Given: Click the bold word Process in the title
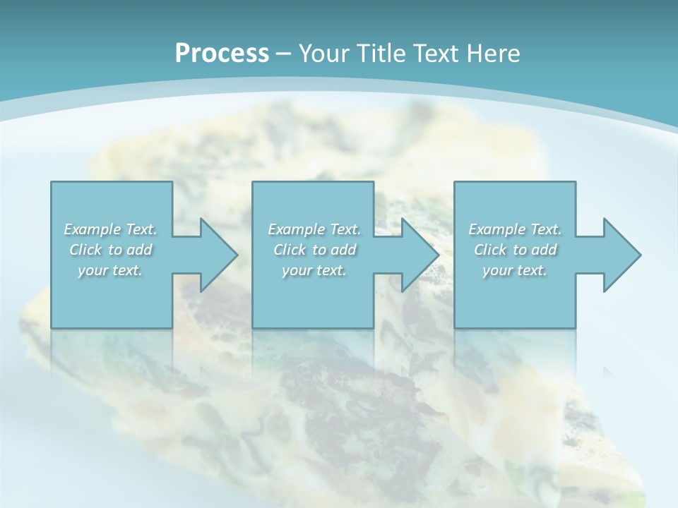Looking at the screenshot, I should tap(222, 54).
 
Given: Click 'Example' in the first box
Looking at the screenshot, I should tap(93, 229).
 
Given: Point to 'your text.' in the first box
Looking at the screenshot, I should tap(110, 270).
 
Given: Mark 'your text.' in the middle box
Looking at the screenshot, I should tap(314, 270).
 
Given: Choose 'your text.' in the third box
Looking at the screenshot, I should tap(515, 270).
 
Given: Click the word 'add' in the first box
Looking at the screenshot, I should tap(140, 250).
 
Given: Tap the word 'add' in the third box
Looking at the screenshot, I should tap(545, 250).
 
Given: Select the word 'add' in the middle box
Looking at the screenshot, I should tap(344, 250).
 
